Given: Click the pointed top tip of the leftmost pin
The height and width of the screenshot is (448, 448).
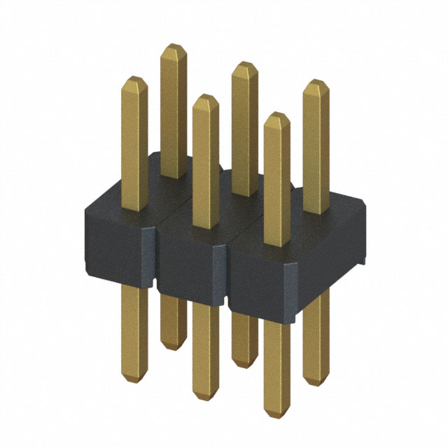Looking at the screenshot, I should [x=134, y=78].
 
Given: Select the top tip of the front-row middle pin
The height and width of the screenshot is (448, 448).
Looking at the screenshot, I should [x=204, y=97].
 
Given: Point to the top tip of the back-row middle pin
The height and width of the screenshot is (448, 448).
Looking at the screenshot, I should [x=244, y=64].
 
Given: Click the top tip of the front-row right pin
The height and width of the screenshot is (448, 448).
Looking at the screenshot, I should [x=277, y=115].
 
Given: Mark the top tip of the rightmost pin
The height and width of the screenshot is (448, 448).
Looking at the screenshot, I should [x=315, y=82].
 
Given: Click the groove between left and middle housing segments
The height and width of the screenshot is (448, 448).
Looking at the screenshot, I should [x=156, y=259].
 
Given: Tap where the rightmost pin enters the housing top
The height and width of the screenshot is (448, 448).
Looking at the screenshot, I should [x=316, y=211].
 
